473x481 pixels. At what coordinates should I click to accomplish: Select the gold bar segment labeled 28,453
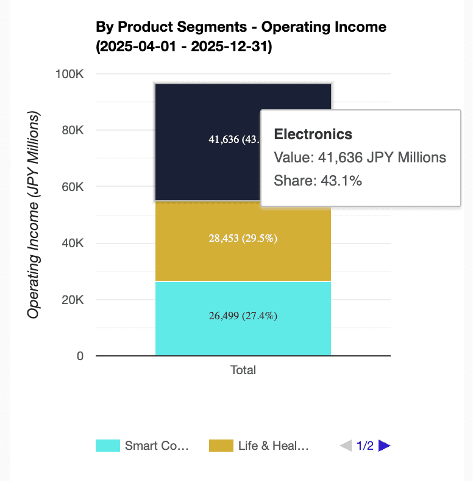[x=243, y=239]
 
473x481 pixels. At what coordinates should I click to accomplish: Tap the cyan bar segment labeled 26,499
[x=243, y=316]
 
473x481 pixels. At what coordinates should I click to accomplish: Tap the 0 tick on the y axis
[x=80, y=356]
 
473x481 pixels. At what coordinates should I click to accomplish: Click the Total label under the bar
[x=243, y=370]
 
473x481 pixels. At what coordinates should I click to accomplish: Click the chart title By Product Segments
[x=241, y=27]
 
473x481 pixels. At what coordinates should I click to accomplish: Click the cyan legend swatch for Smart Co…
[x=108, y=446]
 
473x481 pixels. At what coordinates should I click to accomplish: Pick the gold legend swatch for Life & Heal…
[x=221, y=446]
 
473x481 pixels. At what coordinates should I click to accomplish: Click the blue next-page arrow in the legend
[x=384, y=446]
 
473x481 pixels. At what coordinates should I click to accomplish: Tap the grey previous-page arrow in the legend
[x=346, y=446]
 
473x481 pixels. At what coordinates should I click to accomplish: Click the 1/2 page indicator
[x=365, y=446]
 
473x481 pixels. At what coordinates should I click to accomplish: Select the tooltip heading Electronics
[x=313, y=134]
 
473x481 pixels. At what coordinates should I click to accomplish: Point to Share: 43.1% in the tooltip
[x=318, y=181]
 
